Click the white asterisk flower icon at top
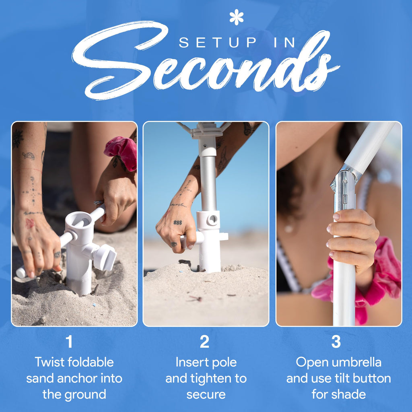pos(236,17)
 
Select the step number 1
pos(69,342)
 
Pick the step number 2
pos(204,342)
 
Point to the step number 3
pos(336,342)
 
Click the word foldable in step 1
pos(91,362)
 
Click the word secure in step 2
pos(206,395)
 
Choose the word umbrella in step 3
pos(359,362)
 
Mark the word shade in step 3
pos(349,394)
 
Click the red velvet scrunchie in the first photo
pos(122,152)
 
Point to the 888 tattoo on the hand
pos(177,222)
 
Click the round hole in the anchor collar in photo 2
pos(212,219)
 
